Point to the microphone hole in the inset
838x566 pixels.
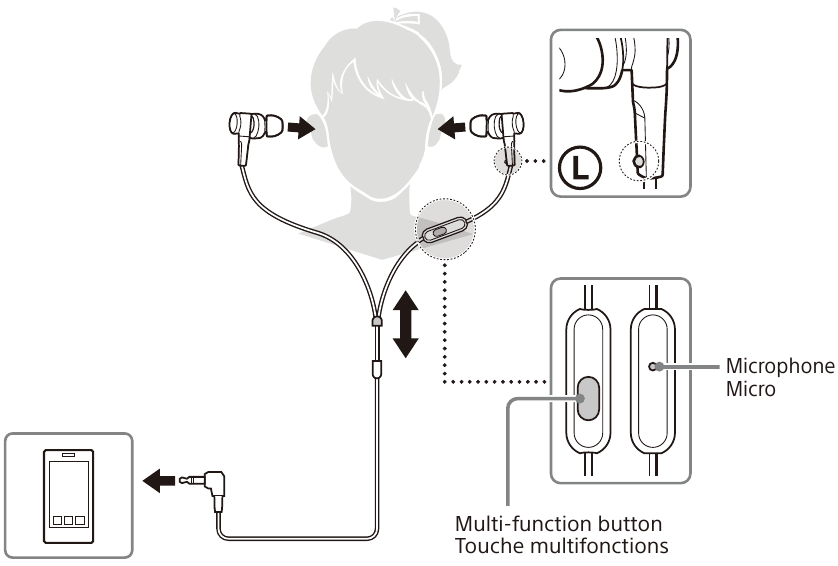point(653,367)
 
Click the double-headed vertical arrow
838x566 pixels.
point(404,323)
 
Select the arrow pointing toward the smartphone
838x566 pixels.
point(159,482)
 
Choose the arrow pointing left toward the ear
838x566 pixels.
point(453,127)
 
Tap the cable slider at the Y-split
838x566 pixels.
point(377,321)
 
